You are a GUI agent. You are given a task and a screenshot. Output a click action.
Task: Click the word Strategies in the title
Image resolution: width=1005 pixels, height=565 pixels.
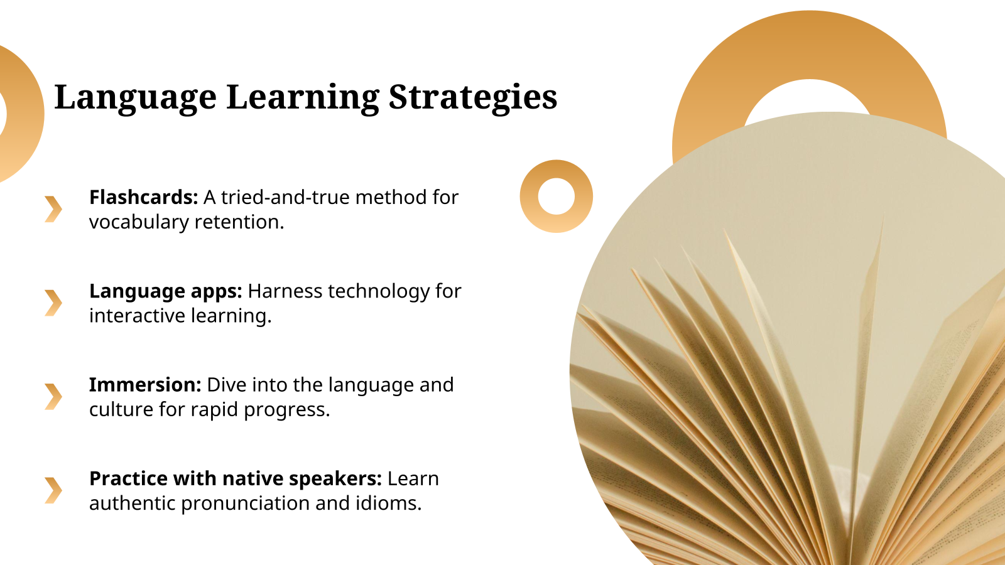472,98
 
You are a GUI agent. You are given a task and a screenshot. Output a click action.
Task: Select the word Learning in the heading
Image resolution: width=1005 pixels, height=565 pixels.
303,98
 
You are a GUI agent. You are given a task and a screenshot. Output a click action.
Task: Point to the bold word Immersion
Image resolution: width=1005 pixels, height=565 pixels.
145,385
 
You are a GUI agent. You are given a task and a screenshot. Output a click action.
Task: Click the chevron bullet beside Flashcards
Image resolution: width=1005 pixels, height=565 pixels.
53,209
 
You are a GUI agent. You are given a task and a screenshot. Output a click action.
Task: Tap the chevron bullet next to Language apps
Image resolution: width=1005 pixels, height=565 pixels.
53,303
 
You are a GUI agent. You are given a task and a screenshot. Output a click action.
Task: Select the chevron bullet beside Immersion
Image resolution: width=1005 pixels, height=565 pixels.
53,396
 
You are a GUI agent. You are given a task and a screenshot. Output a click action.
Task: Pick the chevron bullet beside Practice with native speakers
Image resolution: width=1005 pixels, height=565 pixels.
53,490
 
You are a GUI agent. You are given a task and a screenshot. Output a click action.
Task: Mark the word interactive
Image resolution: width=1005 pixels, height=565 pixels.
138,316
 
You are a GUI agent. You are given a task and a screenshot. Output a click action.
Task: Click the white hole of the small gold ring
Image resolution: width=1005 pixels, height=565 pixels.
557,196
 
